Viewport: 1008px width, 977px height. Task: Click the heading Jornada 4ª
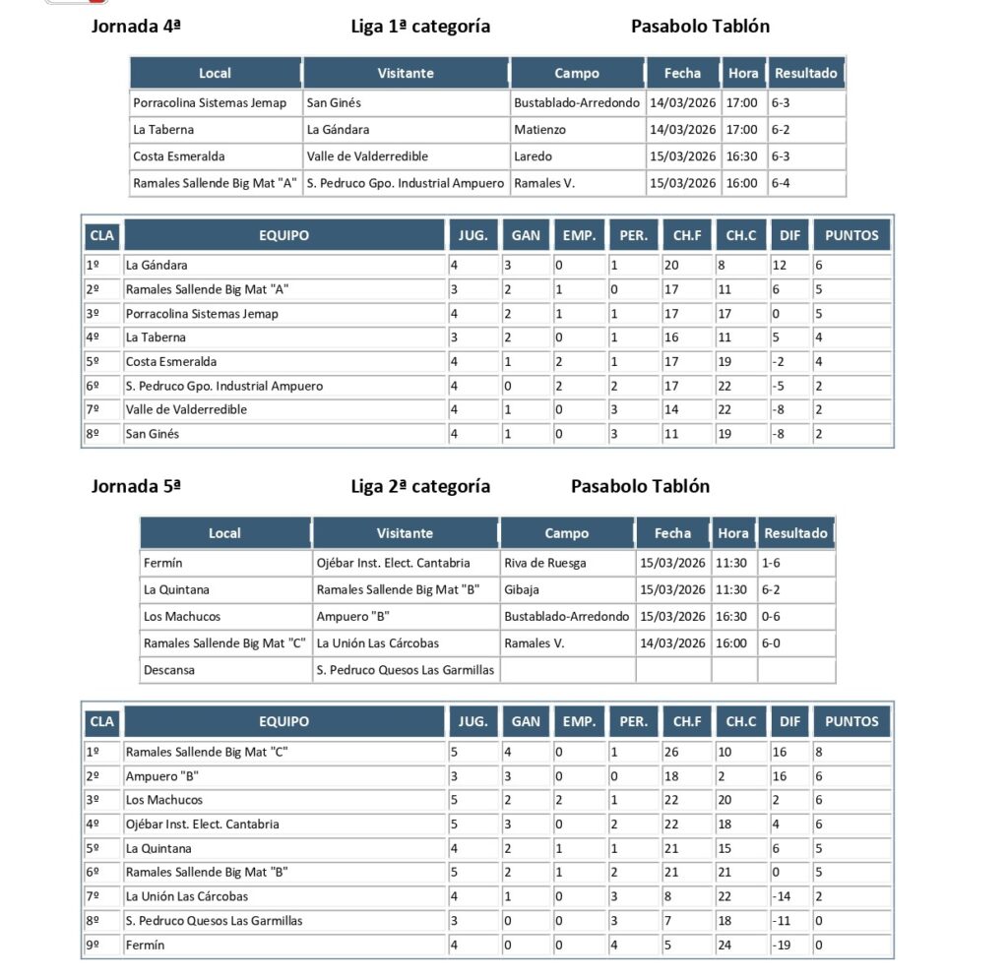(x=136, y=27)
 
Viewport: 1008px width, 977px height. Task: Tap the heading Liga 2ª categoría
(x=420, y=486)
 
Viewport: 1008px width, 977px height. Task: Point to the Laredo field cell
(x=534, y=156)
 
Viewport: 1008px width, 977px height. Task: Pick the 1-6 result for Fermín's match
(x=771, y=563)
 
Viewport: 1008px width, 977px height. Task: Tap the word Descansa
(x=169, y=670)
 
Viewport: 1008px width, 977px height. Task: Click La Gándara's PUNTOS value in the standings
(x=819, y=265)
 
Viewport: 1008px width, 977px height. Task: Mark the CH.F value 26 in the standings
(x=673, y=752)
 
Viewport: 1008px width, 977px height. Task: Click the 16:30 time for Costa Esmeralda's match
(x=741, y=156)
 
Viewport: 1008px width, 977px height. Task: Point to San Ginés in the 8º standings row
(x=153, y=433)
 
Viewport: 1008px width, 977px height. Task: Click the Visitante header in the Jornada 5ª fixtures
(x=405, y=533)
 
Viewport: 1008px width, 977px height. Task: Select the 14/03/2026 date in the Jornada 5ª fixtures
(x=672, y=642)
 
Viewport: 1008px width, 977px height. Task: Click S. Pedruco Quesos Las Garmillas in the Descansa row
(x=406, y=670)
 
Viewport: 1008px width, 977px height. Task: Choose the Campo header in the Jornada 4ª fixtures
(x=577, y=73)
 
